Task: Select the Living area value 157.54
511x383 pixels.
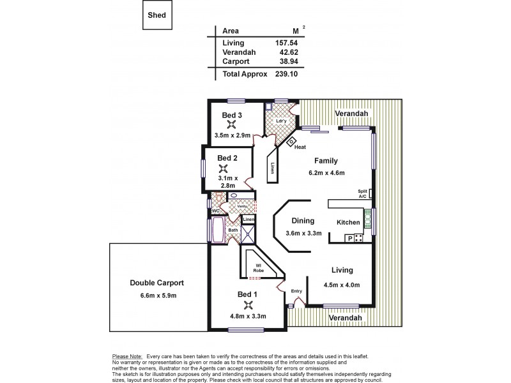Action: tap(285, 42)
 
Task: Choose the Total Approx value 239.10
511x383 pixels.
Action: tap(285, 74)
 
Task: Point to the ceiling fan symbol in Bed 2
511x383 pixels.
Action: tap(223, 169)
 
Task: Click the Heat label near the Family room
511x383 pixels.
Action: tap(300, 147)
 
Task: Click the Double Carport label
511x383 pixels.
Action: tap(157, 282)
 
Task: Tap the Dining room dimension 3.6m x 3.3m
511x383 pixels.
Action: tap(304, 233)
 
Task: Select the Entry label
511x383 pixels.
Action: tap(296, 291)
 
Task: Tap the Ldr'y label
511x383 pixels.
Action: tap(280, 121)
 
